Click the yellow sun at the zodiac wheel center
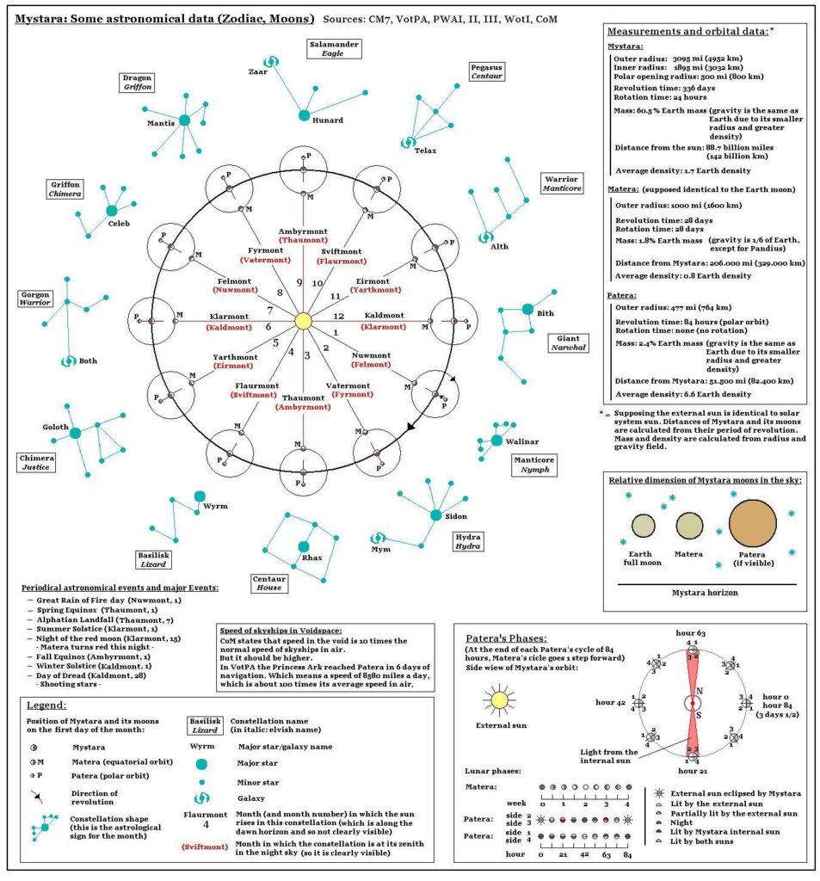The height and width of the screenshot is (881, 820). click(x=302, y=321)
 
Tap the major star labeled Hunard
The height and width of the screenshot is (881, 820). click(x=304, y=115)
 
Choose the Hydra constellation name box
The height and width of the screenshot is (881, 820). click(x=469, y=541)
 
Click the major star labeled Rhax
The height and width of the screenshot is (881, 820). click(x=303, y=546)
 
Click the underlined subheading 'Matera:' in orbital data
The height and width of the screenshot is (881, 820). click(x=626, y=188)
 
